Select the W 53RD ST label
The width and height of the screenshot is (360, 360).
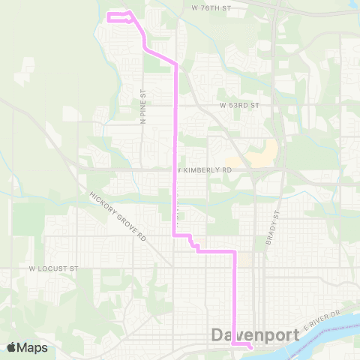[239, 106]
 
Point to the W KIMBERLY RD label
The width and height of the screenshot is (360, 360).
[203, 170]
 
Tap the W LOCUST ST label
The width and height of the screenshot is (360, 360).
[53, 268]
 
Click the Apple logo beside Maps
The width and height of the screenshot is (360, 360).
[11, 347]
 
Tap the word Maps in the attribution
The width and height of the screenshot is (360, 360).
[32, 347]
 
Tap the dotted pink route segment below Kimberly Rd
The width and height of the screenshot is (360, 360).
[178, 214]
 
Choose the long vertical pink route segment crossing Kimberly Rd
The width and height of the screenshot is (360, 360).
[176, 150]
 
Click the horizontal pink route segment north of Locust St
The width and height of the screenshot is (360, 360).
[217, 251]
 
